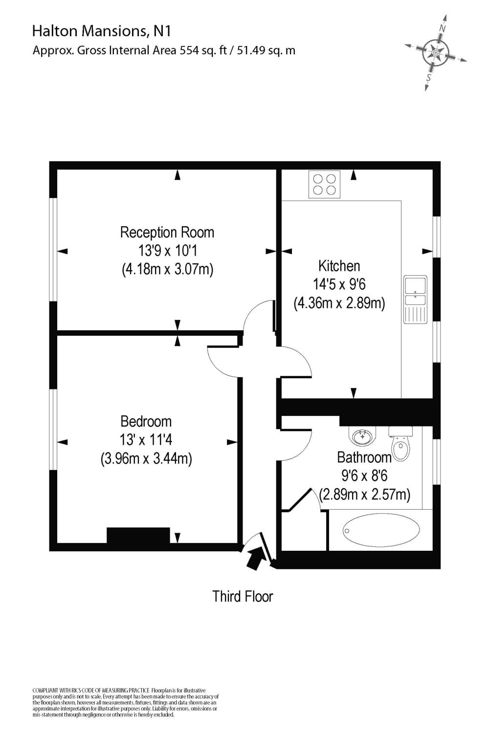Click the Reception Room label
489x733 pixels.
[167, 232]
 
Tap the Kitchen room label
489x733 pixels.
[339, 266]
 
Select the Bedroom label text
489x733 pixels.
[146, 421]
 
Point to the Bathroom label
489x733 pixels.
[364, 457]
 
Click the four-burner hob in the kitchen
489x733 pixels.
[325, 185]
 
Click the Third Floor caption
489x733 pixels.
[243, 596]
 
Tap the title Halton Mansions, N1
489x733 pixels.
[102, 32]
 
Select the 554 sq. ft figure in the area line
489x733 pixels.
[205, 50]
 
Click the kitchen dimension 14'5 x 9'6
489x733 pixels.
[339, 284]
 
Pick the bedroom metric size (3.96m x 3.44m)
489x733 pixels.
[146, 458]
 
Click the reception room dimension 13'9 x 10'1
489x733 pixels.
[167, 251]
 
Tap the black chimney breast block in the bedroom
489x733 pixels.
[138, 535]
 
